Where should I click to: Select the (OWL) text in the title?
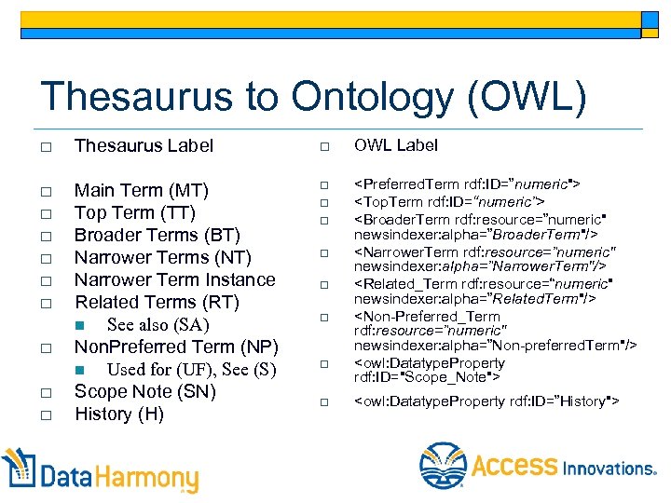click(541, 97)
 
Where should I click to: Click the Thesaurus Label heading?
click(144, 145)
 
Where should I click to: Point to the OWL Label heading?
click(396, 145)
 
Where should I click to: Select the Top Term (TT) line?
click(134, 212)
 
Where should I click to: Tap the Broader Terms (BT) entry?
click(157, 235)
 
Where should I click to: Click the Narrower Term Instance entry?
click(174, 279)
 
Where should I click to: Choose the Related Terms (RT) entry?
click(157, 302)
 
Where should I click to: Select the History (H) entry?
click(119, 414)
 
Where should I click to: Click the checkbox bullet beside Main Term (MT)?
click(45, 191)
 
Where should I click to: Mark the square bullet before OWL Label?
click(324, 146)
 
